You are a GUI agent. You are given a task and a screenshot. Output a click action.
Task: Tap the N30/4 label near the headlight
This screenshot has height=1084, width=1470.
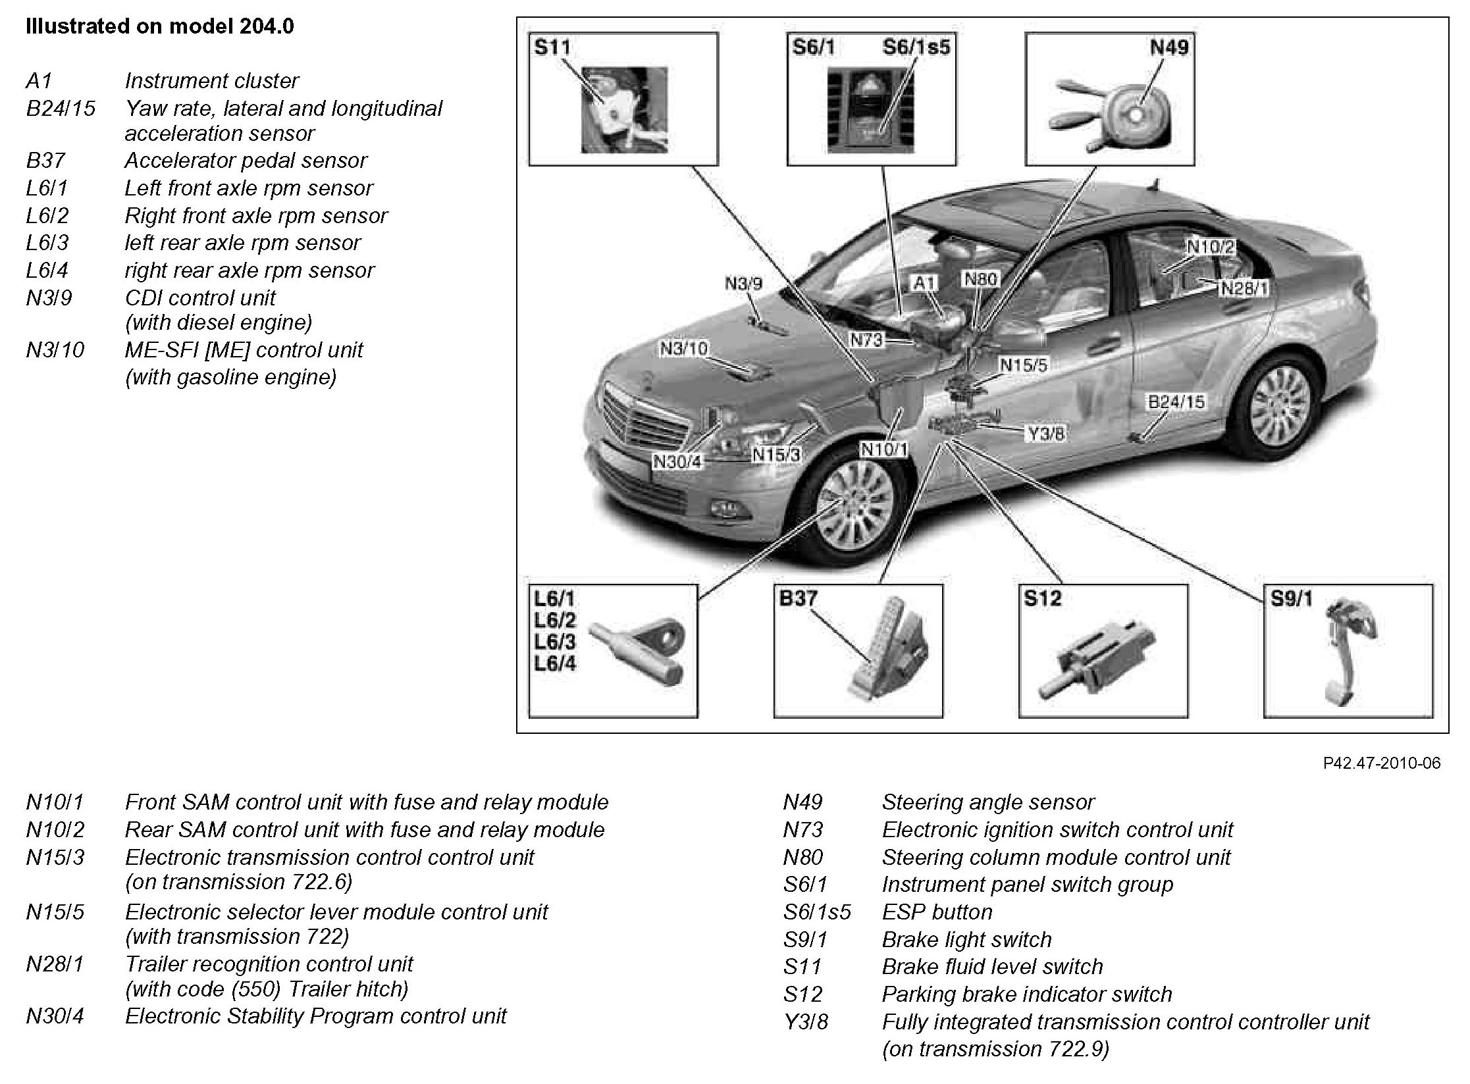pos(677,461)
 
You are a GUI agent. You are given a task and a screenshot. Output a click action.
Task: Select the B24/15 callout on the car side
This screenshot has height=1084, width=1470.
pos(1176,401)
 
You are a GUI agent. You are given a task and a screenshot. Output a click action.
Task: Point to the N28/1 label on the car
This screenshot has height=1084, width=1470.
pos(1244,289)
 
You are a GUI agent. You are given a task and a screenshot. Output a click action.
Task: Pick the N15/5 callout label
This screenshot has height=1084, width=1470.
pos(1023,365)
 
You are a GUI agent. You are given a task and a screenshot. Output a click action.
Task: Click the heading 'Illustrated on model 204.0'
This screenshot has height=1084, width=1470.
pos(159,26)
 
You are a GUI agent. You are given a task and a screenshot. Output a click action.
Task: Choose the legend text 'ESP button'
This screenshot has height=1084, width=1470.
pos(937,912)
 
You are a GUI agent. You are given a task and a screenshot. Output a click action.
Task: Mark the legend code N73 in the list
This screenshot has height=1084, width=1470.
pos(802,829)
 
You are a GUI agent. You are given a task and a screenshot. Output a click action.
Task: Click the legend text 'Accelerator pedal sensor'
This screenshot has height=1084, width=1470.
pos(246,161)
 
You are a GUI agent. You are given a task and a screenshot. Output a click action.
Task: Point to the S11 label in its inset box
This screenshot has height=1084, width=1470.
pos(552,47)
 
